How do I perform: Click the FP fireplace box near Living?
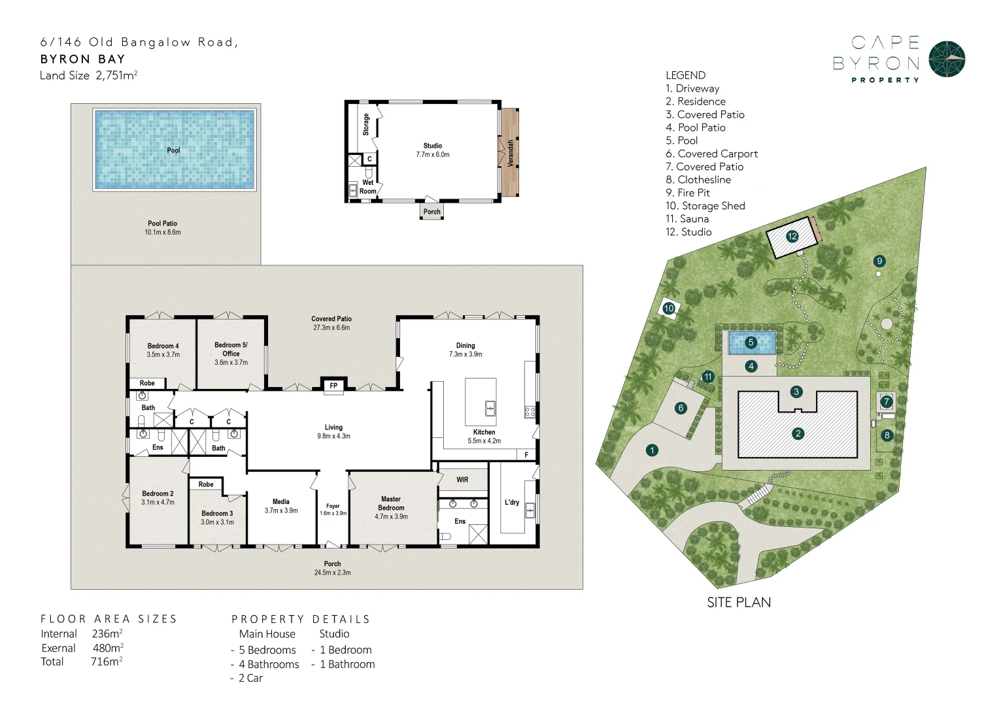pyautogui.click(x=333, y=386)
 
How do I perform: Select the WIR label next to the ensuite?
pyautogui.click(x=462, y=480)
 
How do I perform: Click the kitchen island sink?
pyautogui.click(x=490, y=409)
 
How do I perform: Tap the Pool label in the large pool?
pyautogui.click(x=173, y=150)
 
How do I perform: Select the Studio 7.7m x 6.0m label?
pyautogui.click(x=433, y=150)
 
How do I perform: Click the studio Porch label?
pyautogui.click(x=432, y=212)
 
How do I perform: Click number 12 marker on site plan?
pyautogui.click(x=792, y=237)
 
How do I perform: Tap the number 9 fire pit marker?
pyautogui.click(x=879, y=261)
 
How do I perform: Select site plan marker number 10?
pyautogui.click(x=669, y=309)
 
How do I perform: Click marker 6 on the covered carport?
pyautogui.click(x=681, y=408)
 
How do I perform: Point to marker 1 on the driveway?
pyautogui.click(x=652, y=450)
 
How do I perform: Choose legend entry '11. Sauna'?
pyautogui.click(x=687, y=219)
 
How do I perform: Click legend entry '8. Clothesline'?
pyautogui.click(x=698, y=180)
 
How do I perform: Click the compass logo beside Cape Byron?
pyautogui.click(x=947, y=59)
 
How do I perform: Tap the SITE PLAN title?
pyautogui.click(x=739, y=603)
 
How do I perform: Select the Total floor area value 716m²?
pyautogui.click(x=107, y=662)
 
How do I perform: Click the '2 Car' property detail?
pyautogui.click(x=250, y=679)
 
